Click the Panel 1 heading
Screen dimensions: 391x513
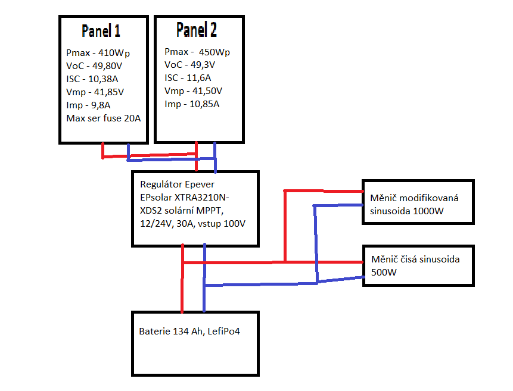(x=105, y=31)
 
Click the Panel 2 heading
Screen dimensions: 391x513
(x=196, y=30)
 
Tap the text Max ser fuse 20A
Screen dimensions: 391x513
(x=103, y=118)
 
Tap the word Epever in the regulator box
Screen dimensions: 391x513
(x=198, y=184)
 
